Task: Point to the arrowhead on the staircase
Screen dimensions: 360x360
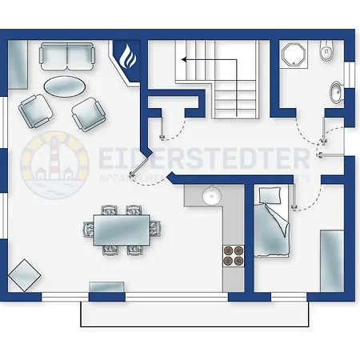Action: [x=183, y=59]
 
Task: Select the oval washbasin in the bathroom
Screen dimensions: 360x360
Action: [x=336, y=92]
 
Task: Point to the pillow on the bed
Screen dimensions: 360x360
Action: [x=270, y=196]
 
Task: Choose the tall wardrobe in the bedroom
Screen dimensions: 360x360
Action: [x=331, y=260]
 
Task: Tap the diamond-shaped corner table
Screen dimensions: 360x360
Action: [x=24, y=274]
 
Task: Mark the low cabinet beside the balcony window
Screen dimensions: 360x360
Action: [x=105, y=286]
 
